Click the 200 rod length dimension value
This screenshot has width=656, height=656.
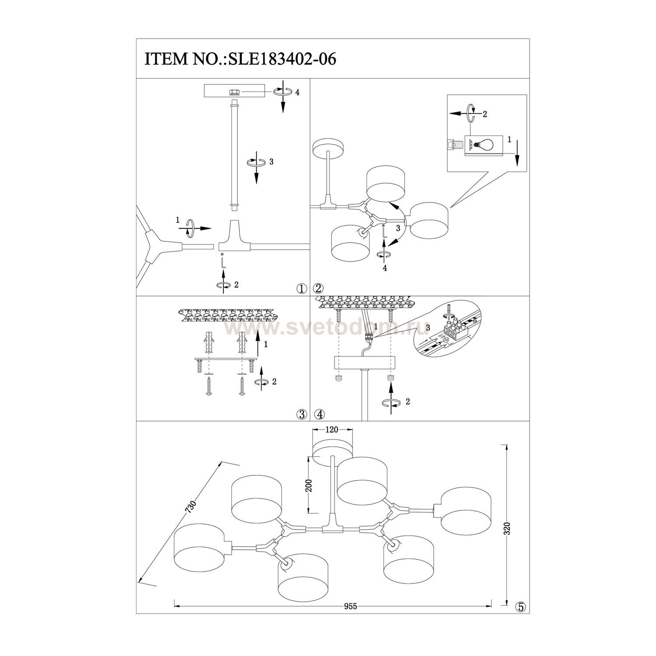pos(309,486)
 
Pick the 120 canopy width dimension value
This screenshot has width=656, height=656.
pos(332,429)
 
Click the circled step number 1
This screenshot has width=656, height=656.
pos(301,288)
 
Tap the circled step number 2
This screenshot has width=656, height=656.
pos(318,288)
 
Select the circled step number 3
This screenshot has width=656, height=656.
pos(301,414)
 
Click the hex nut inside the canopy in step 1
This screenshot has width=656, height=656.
pos(234,92)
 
